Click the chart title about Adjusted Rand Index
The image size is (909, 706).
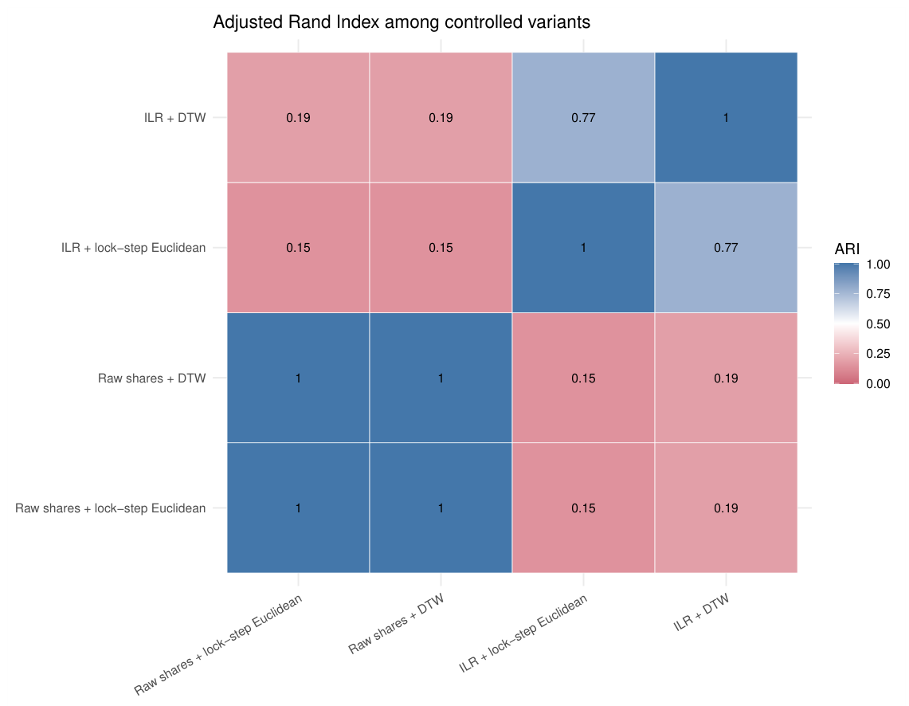point(402,22)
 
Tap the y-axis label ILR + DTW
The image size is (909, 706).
point(175,118)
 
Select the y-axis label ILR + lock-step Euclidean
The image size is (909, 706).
point(133,248)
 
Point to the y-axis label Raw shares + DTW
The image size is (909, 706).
point(152,378)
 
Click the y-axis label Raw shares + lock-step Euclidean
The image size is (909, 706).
point(110,508)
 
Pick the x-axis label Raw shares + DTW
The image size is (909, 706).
point(397,624)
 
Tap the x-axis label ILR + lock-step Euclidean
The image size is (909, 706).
point(523,633)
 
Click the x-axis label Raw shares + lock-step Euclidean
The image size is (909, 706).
point(218,645)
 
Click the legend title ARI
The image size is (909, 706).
point(847,249)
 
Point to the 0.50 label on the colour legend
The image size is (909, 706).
point(878,324)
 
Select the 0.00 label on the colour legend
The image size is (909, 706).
point(878,384)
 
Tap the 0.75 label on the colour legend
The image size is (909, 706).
point(878,294)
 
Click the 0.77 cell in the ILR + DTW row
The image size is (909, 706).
point(583,118)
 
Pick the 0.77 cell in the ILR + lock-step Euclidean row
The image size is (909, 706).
point(726,248)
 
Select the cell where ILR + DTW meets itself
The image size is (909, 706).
point(726,118)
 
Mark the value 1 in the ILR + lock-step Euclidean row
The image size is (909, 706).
point(583,248)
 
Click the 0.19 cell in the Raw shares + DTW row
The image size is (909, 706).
point(726,378)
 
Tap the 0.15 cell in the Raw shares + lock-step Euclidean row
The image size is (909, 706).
point(583,508)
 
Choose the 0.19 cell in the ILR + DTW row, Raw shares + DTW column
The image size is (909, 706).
point(441,118)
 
